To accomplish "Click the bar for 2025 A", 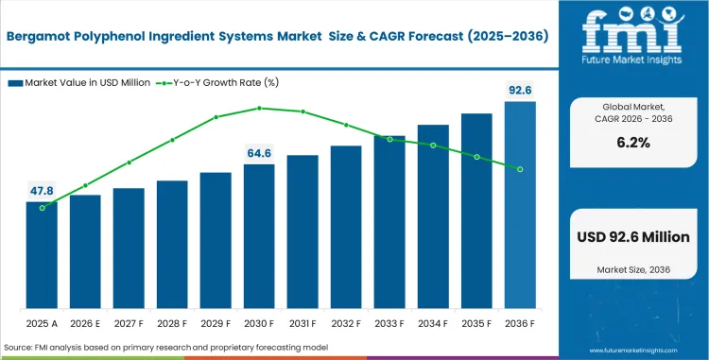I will click(42, 255).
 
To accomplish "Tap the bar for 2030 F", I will click(259, 236).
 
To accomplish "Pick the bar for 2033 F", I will click(389, 222).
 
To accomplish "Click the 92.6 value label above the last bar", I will click(520, 90).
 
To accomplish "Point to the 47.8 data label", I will click(42, 191).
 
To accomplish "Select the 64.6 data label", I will click(259, 152).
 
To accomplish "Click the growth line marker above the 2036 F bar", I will click(520, 169).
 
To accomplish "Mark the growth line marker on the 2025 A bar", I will click(42, 208).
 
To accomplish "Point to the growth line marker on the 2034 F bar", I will click(433, 146).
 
